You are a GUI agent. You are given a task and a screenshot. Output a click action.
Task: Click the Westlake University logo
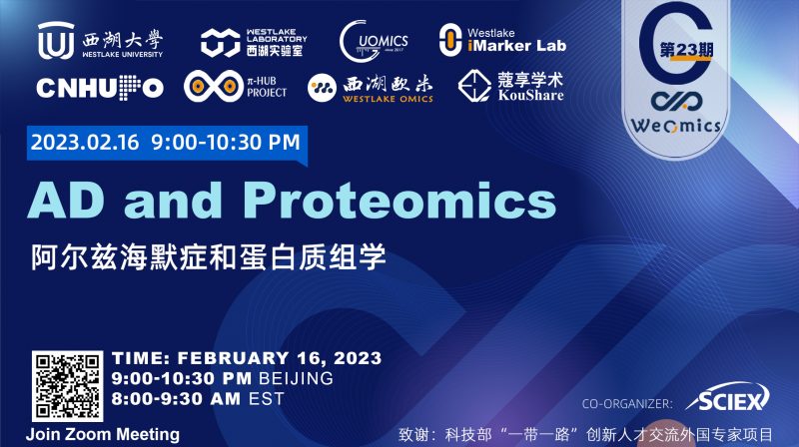point(100,42)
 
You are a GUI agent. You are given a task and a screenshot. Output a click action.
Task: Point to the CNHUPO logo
point(99,88)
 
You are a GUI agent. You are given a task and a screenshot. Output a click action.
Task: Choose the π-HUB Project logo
point(235,86)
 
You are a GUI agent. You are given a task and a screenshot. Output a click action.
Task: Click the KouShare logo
point(510,86)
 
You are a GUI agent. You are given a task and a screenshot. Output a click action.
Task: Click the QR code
point(67,386)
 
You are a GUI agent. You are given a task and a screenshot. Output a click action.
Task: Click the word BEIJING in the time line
point(294,379)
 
